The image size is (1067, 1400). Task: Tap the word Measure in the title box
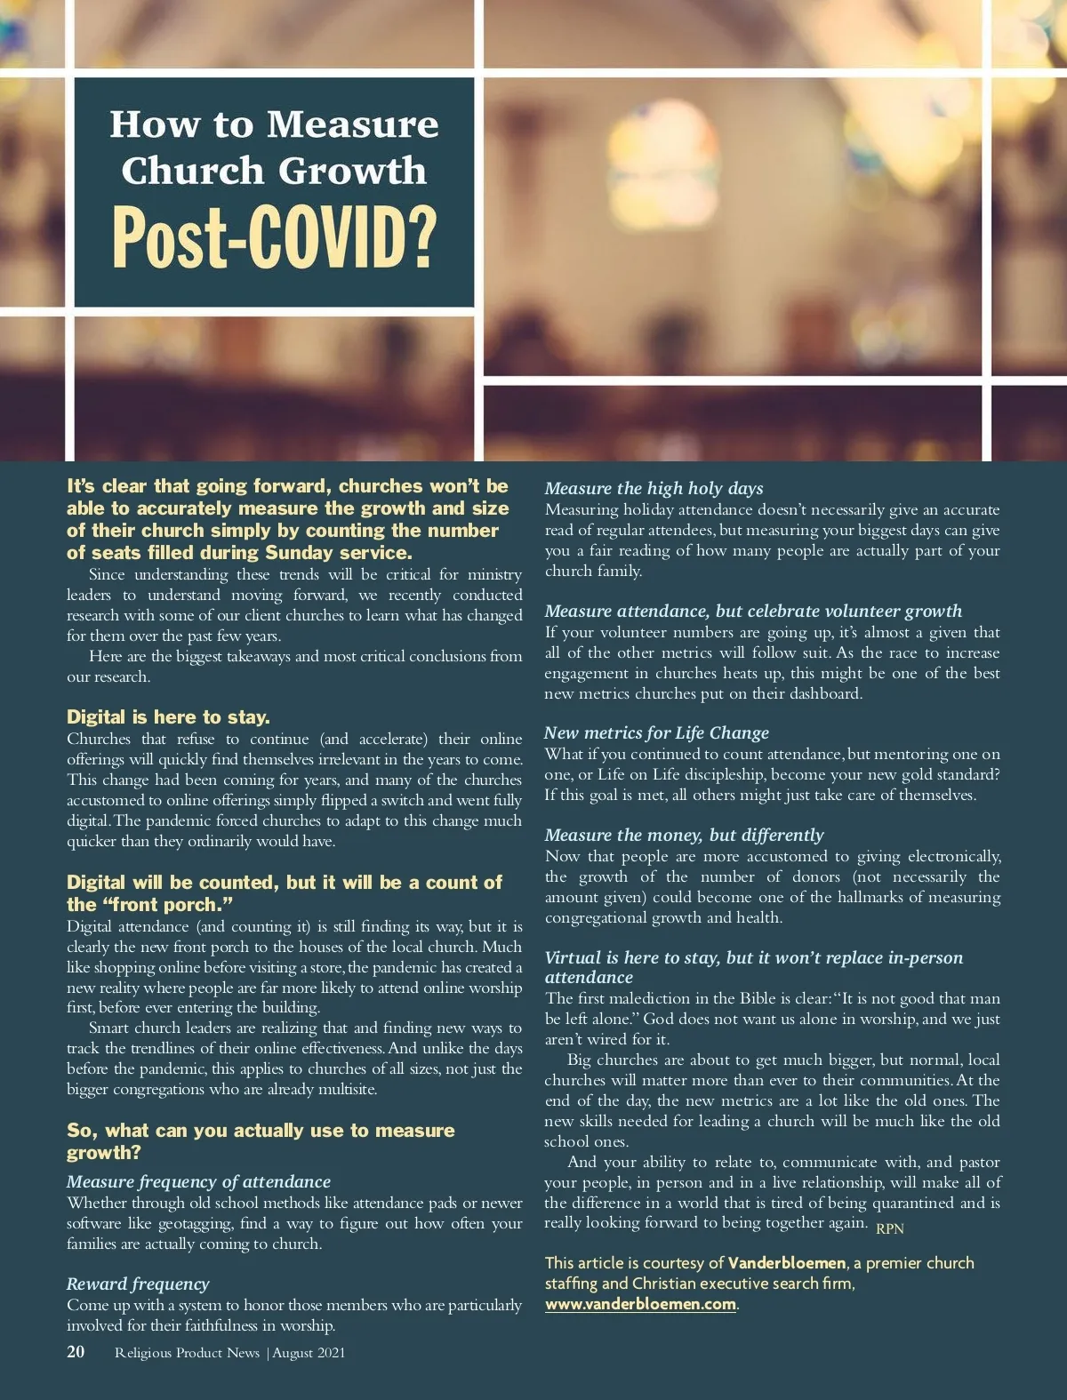coord(352,124)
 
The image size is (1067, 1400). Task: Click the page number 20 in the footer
coord(76,1352)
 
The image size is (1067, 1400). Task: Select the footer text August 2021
coord(309,1353)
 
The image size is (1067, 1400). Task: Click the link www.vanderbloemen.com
coord(640,1304)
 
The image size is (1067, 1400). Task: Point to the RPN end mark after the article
coord(889,1228)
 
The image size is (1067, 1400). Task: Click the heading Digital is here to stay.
coord(168,717)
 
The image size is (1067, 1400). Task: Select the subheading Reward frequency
coord(138,1284)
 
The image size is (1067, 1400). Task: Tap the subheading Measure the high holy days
coord(654,488)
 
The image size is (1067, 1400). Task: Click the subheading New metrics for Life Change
coord(656,732)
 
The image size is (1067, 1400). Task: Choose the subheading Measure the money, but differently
coord(684,835)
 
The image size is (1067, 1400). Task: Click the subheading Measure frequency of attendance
coord(198,1181)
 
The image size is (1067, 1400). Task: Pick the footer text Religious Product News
coord(187,1353)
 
